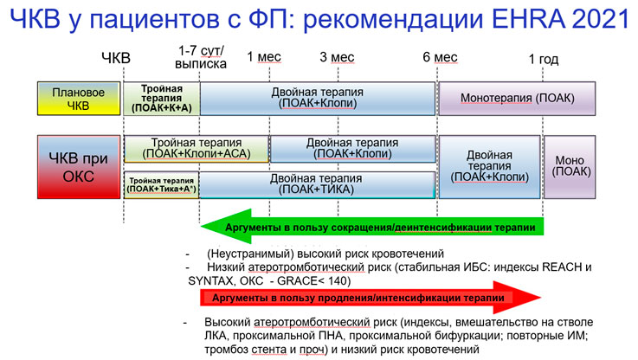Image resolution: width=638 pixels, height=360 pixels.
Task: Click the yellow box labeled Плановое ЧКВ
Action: [x=79, y=99]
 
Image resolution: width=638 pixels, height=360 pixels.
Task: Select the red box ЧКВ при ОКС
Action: [x=79, y=167]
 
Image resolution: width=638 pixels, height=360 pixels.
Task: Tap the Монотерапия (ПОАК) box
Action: [x=517, y=99]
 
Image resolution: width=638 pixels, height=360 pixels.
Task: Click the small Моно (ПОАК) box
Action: [x=570, y=167]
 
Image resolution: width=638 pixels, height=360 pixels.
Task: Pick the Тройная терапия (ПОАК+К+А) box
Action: [x=162, y=99]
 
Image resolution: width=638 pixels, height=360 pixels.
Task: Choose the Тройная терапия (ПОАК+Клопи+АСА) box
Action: [x=197, y=149]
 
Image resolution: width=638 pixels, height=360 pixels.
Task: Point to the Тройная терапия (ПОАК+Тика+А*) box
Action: [x=162, y=185]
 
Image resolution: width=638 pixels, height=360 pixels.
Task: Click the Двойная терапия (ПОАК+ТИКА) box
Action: [x=317, y=184]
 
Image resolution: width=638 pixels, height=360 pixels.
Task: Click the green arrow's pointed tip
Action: [x=201, y=227]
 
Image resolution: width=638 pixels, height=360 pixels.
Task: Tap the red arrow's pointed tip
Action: [x=541, y=298]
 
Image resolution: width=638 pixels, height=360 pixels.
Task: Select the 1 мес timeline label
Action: [x=264, y=57]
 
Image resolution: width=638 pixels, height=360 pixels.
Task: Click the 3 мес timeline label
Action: [x=337, y=57]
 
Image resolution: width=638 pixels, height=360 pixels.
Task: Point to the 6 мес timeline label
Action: [x=440, y=57]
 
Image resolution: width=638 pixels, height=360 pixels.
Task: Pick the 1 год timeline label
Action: [x=543, y=60]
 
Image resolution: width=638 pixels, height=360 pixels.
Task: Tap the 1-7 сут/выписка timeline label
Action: [x=201, y=57]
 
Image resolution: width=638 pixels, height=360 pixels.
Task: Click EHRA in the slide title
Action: [x=528, y=19]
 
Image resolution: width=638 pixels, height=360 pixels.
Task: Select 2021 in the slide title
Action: [x=600, y=19]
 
